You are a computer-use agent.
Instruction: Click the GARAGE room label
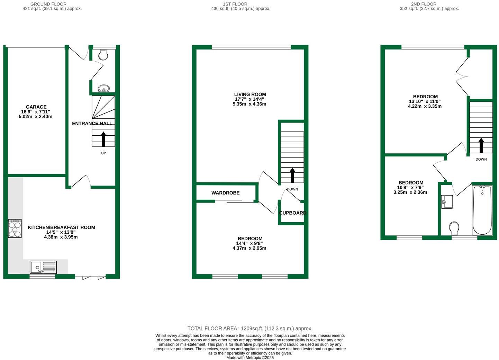(36, 107)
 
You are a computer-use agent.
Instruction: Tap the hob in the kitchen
(15, 228)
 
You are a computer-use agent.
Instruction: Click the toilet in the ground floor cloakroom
(103, 55)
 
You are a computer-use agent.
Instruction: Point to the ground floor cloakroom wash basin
(103, 89)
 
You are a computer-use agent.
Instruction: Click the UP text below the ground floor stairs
(103, 153)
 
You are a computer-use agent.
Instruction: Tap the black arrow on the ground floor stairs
(103, 139)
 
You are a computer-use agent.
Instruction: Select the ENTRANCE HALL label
(92, 124)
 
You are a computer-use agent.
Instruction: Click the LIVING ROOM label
(250, 94)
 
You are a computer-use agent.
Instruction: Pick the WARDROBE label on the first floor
(226, 193)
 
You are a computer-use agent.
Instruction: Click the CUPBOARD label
(292, 213)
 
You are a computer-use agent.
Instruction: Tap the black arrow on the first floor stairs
(292, 175)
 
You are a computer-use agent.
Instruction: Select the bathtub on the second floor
(482, 210)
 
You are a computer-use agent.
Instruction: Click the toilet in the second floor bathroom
(454, 228)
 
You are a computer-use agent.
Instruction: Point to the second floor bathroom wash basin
(447, 201)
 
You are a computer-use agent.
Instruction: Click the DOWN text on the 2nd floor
(481, 159)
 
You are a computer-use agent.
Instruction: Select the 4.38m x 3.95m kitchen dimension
(61, 237)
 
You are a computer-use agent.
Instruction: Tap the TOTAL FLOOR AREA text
(250, 328)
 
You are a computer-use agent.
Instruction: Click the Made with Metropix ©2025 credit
(250, 358)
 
